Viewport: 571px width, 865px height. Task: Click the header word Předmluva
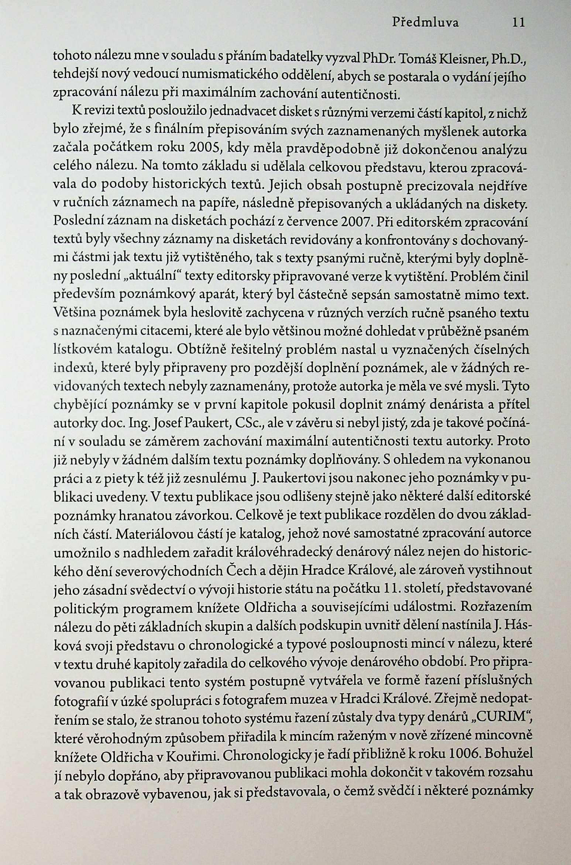click(425, 23)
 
